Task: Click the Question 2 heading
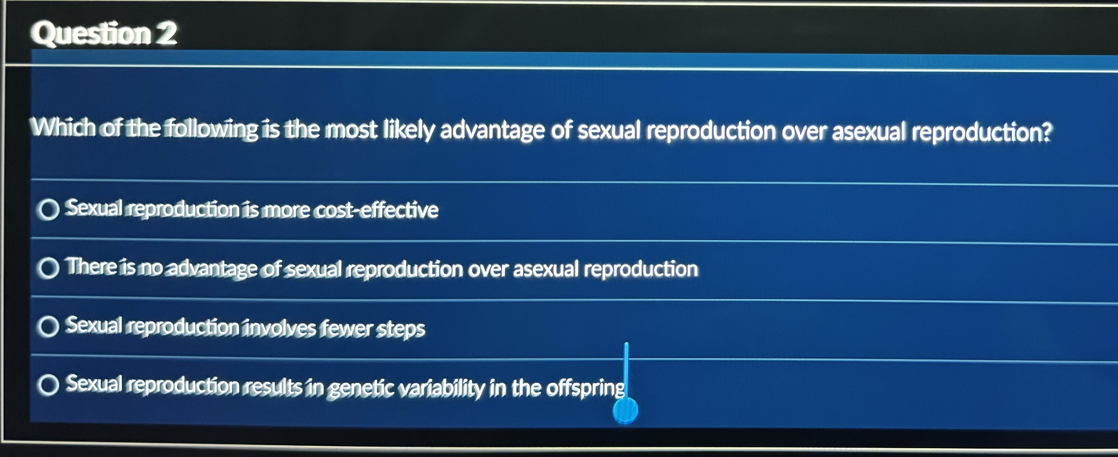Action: pyautogui.click(x=103, y=33)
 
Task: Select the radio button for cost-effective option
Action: pyautogui.click(x=48, y=210)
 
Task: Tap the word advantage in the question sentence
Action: pyautogui.click(x=492, y=130)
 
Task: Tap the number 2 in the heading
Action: pyautogui.click(x=166, y=33)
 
